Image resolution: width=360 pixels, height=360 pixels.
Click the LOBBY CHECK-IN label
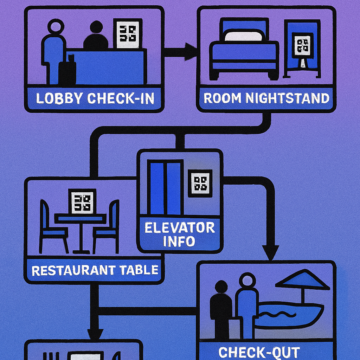pyautogui.click(x=95, y=98)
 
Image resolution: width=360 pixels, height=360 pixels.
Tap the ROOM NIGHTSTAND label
pyautogui.click(x=266, y=98)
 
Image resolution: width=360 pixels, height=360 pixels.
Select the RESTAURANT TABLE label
pyautogui.click(x=95, y=270)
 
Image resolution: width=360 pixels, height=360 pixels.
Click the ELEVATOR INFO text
pyautogui.click(x=180, y=234)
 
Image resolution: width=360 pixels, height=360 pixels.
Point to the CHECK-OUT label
pyautogui.click(x=259, y=352)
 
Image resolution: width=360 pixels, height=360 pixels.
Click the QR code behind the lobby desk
pyautogui.click(x=128, y=33)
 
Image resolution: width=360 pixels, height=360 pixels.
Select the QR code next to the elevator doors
pyautogui.click(x=200, y=182)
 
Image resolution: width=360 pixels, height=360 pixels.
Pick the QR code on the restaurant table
pyautogui.click(x=82, y=202)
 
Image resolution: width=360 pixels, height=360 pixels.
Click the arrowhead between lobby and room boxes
pyautogui.click(x=190, y=52)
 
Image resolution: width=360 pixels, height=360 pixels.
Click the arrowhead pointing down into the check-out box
pyautogui.click(x=270, y=252)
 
